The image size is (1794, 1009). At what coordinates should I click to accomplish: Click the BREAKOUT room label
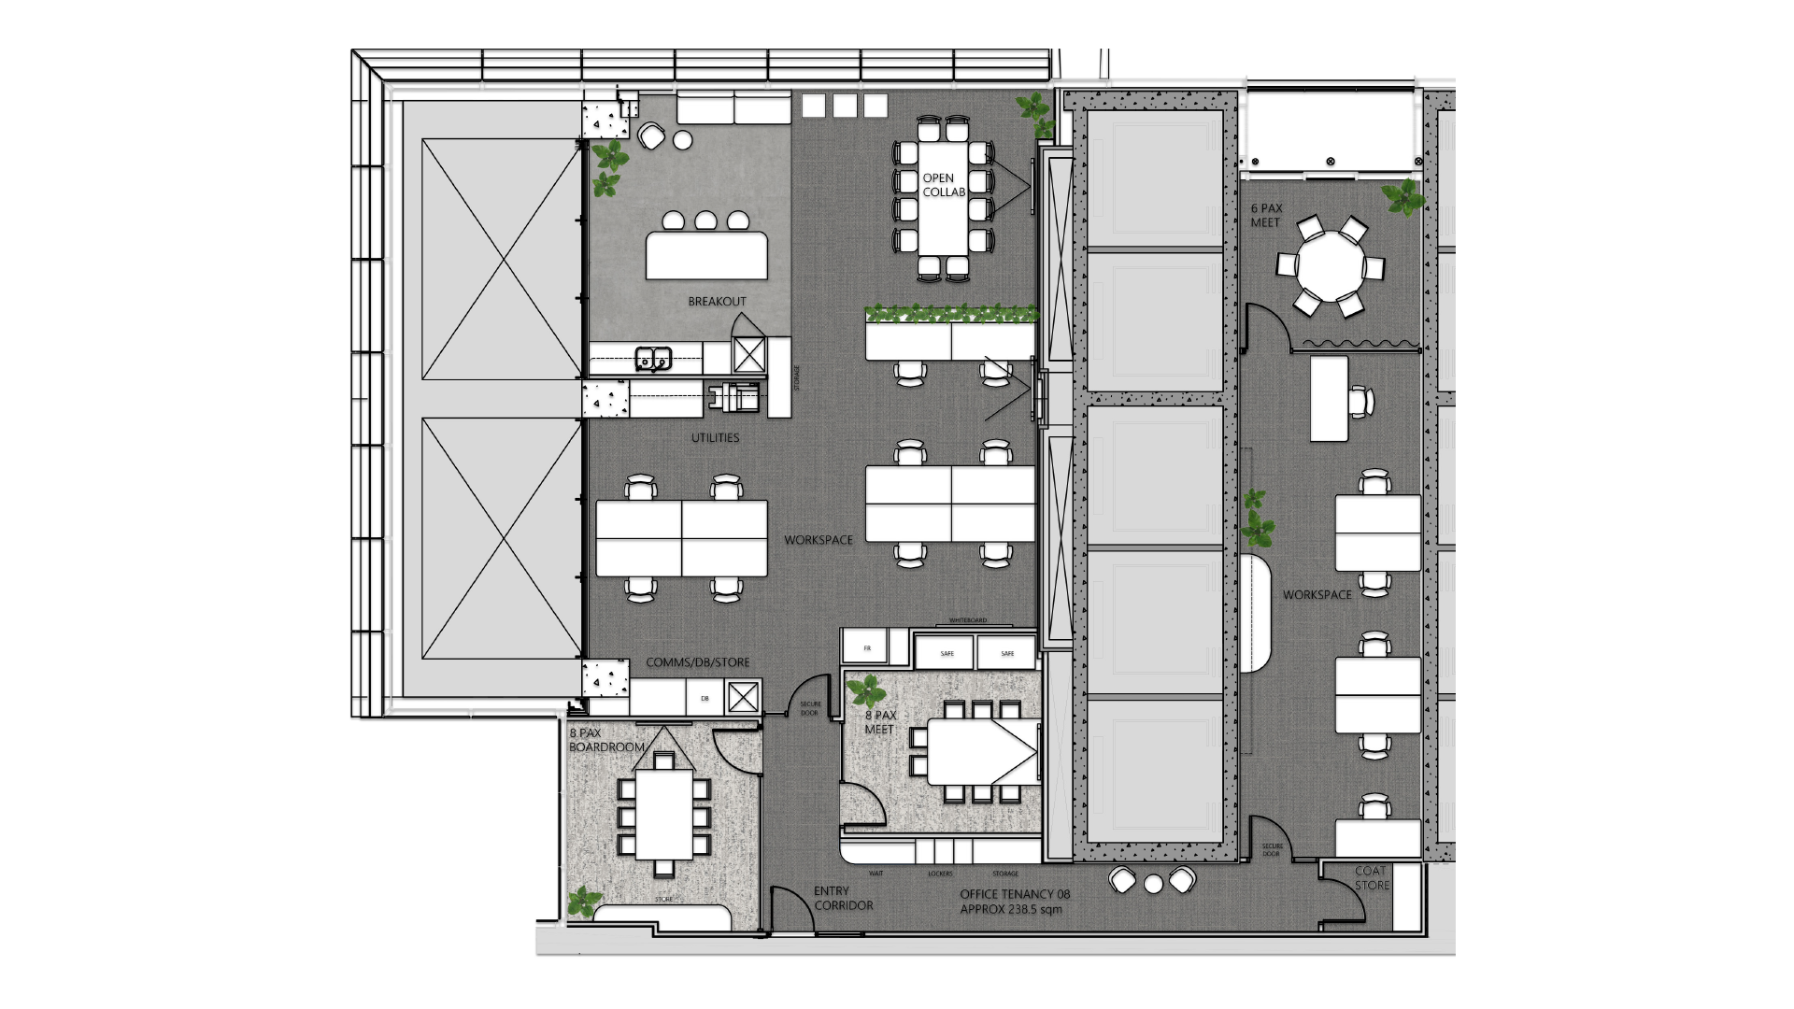[x=717, y=302]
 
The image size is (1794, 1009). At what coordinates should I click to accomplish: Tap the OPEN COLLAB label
[x=943, y=185]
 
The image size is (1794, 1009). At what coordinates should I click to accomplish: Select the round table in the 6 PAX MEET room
[x=1330, y=264]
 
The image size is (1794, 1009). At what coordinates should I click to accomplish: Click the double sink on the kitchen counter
[x=653, y=358]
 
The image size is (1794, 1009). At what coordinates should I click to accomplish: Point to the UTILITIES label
[x=715, y=438]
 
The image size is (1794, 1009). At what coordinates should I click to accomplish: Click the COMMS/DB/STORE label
[x=697, y=662]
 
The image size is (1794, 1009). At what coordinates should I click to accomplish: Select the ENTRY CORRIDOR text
[x=843, y=898]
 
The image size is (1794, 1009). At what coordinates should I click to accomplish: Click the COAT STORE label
[x=1372, y=878]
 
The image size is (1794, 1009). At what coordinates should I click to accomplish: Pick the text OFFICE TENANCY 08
[x=1015, y=894]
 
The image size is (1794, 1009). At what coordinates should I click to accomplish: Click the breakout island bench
[x=706, y=255]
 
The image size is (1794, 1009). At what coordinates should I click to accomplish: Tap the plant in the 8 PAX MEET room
[x=866, y=692]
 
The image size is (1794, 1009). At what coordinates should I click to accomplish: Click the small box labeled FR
[x=866, y=647]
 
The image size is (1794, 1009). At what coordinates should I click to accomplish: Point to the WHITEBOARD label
[x=967, y=620]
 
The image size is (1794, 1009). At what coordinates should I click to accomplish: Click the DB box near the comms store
[x=705, y=698]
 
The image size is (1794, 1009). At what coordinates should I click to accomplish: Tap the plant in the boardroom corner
[x=585, y=901]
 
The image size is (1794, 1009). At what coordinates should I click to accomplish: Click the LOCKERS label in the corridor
[x=940, y=874]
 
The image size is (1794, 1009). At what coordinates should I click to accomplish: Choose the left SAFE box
[x=947, y=653]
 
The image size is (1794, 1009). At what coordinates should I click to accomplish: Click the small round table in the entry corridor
[x=1152, y=883]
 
